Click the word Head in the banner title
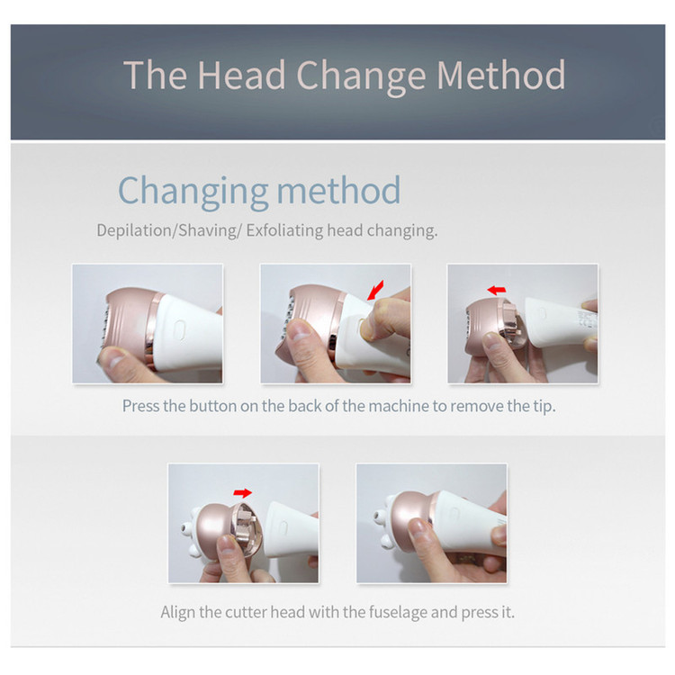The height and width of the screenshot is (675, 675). tap(241, 75)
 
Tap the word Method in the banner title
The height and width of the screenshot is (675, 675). tap(500, 75)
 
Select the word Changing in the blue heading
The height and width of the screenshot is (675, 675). tap(193, 192)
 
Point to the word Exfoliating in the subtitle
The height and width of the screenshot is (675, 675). tap(284, 230)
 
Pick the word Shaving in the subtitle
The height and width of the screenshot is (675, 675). tap(207, 230)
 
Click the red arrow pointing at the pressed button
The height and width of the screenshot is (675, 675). tap(375, 290)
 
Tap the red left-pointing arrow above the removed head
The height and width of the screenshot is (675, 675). tap(496, 290)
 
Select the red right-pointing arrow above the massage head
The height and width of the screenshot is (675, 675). tap(243, 492)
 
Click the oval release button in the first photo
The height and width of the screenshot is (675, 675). tap(180, 330)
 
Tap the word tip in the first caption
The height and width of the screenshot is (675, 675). tap(544, 407)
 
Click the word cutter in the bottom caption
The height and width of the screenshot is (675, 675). tap(246, 612)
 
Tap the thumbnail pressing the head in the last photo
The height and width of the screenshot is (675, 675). tap(417, 528)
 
